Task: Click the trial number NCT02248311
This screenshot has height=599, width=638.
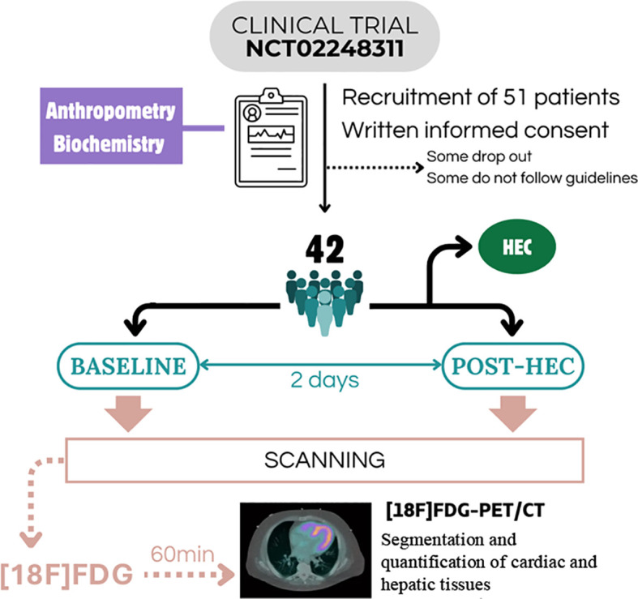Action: (325, 49)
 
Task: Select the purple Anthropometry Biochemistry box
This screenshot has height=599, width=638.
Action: (111, 126)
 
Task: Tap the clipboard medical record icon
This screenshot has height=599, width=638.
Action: (271, 138)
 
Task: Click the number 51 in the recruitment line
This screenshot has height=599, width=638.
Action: (515, 97)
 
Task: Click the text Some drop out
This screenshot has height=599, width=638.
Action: (479, 156)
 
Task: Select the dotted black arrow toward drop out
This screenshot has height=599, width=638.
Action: (375, 167)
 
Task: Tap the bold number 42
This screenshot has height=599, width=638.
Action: (325, 250)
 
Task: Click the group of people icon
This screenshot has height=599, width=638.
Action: (324, 303)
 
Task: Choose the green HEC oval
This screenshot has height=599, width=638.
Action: (516, 246)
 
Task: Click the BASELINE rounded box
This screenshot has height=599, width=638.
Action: (128, 366)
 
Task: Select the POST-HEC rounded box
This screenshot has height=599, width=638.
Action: (513, 366)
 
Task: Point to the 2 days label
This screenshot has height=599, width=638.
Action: (325, 380)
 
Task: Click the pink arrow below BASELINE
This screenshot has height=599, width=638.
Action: (129, 413)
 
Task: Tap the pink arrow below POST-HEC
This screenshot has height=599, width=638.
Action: (513, 413)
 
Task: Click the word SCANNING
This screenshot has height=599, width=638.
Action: (325, 460)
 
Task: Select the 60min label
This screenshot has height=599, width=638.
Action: (182, 554)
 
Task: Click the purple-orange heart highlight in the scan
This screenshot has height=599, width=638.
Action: (318, 536)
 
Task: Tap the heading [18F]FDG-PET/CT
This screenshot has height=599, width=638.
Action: (465, 511)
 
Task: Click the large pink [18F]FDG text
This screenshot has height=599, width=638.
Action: (66, 574)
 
